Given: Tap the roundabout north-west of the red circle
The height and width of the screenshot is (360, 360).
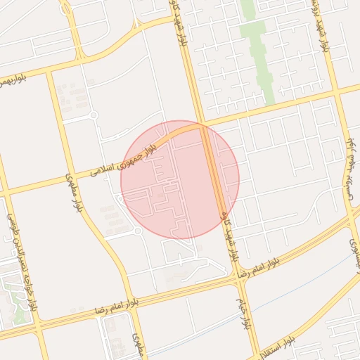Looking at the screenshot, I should coord(93,115).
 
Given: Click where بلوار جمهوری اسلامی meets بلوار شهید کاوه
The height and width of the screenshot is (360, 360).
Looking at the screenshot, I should coord(203,127).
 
